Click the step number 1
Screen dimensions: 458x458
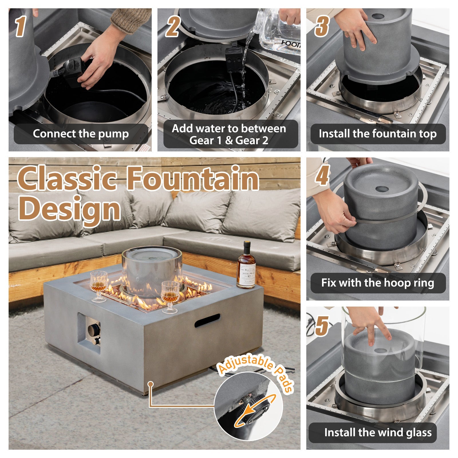point(21,27)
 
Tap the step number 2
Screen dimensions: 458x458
point(173,27)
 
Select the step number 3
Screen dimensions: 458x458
point(322,27)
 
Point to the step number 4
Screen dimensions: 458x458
point(322,175)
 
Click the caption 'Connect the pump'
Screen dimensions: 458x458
point(81,134)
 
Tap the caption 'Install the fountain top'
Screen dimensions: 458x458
point(378,134)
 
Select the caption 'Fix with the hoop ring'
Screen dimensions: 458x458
point(378,283)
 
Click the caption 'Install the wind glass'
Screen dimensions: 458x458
point(378,432)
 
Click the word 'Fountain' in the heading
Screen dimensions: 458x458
point(193,179)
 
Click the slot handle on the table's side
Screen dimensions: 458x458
point(207,321)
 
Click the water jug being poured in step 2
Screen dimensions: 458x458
point(278,31)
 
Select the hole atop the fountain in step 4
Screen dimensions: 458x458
point(382,189)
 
